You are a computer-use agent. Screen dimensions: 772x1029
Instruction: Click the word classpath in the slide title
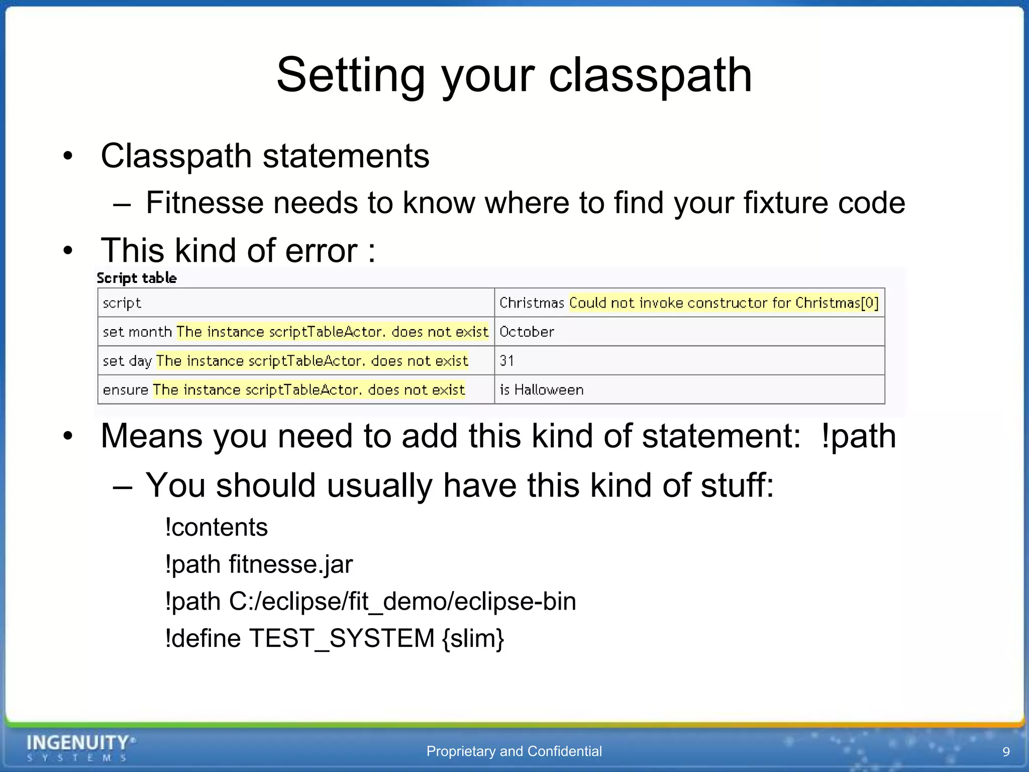[650, 75]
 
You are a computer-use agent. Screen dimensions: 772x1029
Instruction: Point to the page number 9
[1006, 751]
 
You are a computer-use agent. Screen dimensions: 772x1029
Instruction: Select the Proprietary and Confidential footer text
[514, 751]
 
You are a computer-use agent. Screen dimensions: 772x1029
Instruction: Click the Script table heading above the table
[137, 278]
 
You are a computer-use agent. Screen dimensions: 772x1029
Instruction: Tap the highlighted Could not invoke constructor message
[724, 303]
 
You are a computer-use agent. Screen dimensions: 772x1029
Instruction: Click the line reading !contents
[217, 527]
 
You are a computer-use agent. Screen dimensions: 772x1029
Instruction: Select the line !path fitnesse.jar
[259, 564]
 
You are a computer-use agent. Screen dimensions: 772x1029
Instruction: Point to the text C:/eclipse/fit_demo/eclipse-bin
[402, 601]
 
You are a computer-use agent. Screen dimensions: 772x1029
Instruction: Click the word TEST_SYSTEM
[342, 638]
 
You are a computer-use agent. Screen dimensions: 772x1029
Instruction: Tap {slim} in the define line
[473, 638]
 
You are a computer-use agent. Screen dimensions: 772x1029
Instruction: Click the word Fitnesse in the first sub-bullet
[205, 203]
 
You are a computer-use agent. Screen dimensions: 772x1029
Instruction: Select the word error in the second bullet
[321, 250]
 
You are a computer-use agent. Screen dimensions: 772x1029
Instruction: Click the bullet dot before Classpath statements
[68, 156]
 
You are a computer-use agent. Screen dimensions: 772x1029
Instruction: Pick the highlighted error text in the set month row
[332, 332]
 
